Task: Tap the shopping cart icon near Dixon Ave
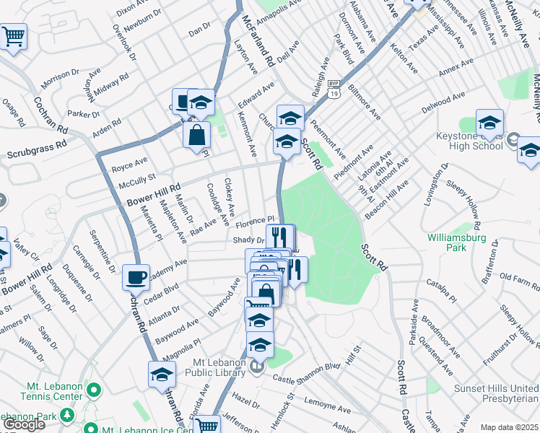[x=13, y=36]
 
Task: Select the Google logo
[x=23, y=424]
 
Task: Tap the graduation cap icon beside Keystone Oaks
[x=489, y=122]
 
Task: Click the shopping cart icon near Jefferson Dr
[x=206, y=425]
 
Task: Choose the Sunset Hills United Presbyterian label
[x=495, y=393]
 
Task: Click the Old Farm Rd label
[x=515, y=277]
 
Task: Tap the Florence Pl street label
[x=253, y=221]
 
